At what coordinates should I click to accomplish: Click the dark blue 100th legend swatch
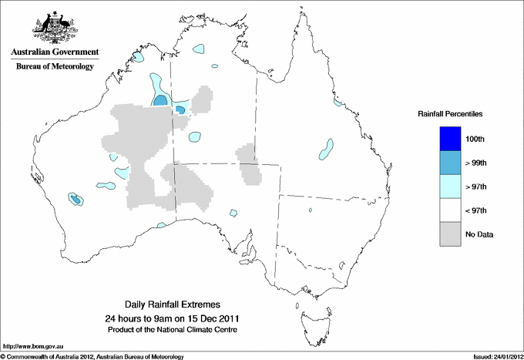450,138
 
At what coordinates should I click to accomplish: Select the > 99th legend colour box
450,162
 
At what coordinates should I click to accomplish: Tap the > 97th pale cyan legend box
450,186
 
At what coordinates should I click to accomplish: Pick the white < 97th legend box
450,210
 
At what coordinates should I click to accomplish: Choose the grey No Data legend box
450,234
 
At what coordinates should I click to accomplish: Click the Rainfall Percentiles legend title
450,113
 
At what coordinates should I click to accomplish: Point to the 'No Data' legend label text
479,234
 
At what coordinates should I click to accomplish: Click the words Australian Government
55,52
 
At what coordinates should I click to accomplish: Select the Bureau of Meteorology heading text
55,66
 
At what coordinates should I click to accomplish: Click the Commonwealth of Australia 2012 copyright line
92,356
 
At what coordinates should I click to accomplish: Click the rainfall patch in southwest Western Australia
76,200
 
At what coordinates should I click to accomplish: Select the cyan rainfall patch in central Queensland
328,146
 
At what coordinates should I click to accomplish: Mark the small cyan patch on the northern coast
200,48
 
